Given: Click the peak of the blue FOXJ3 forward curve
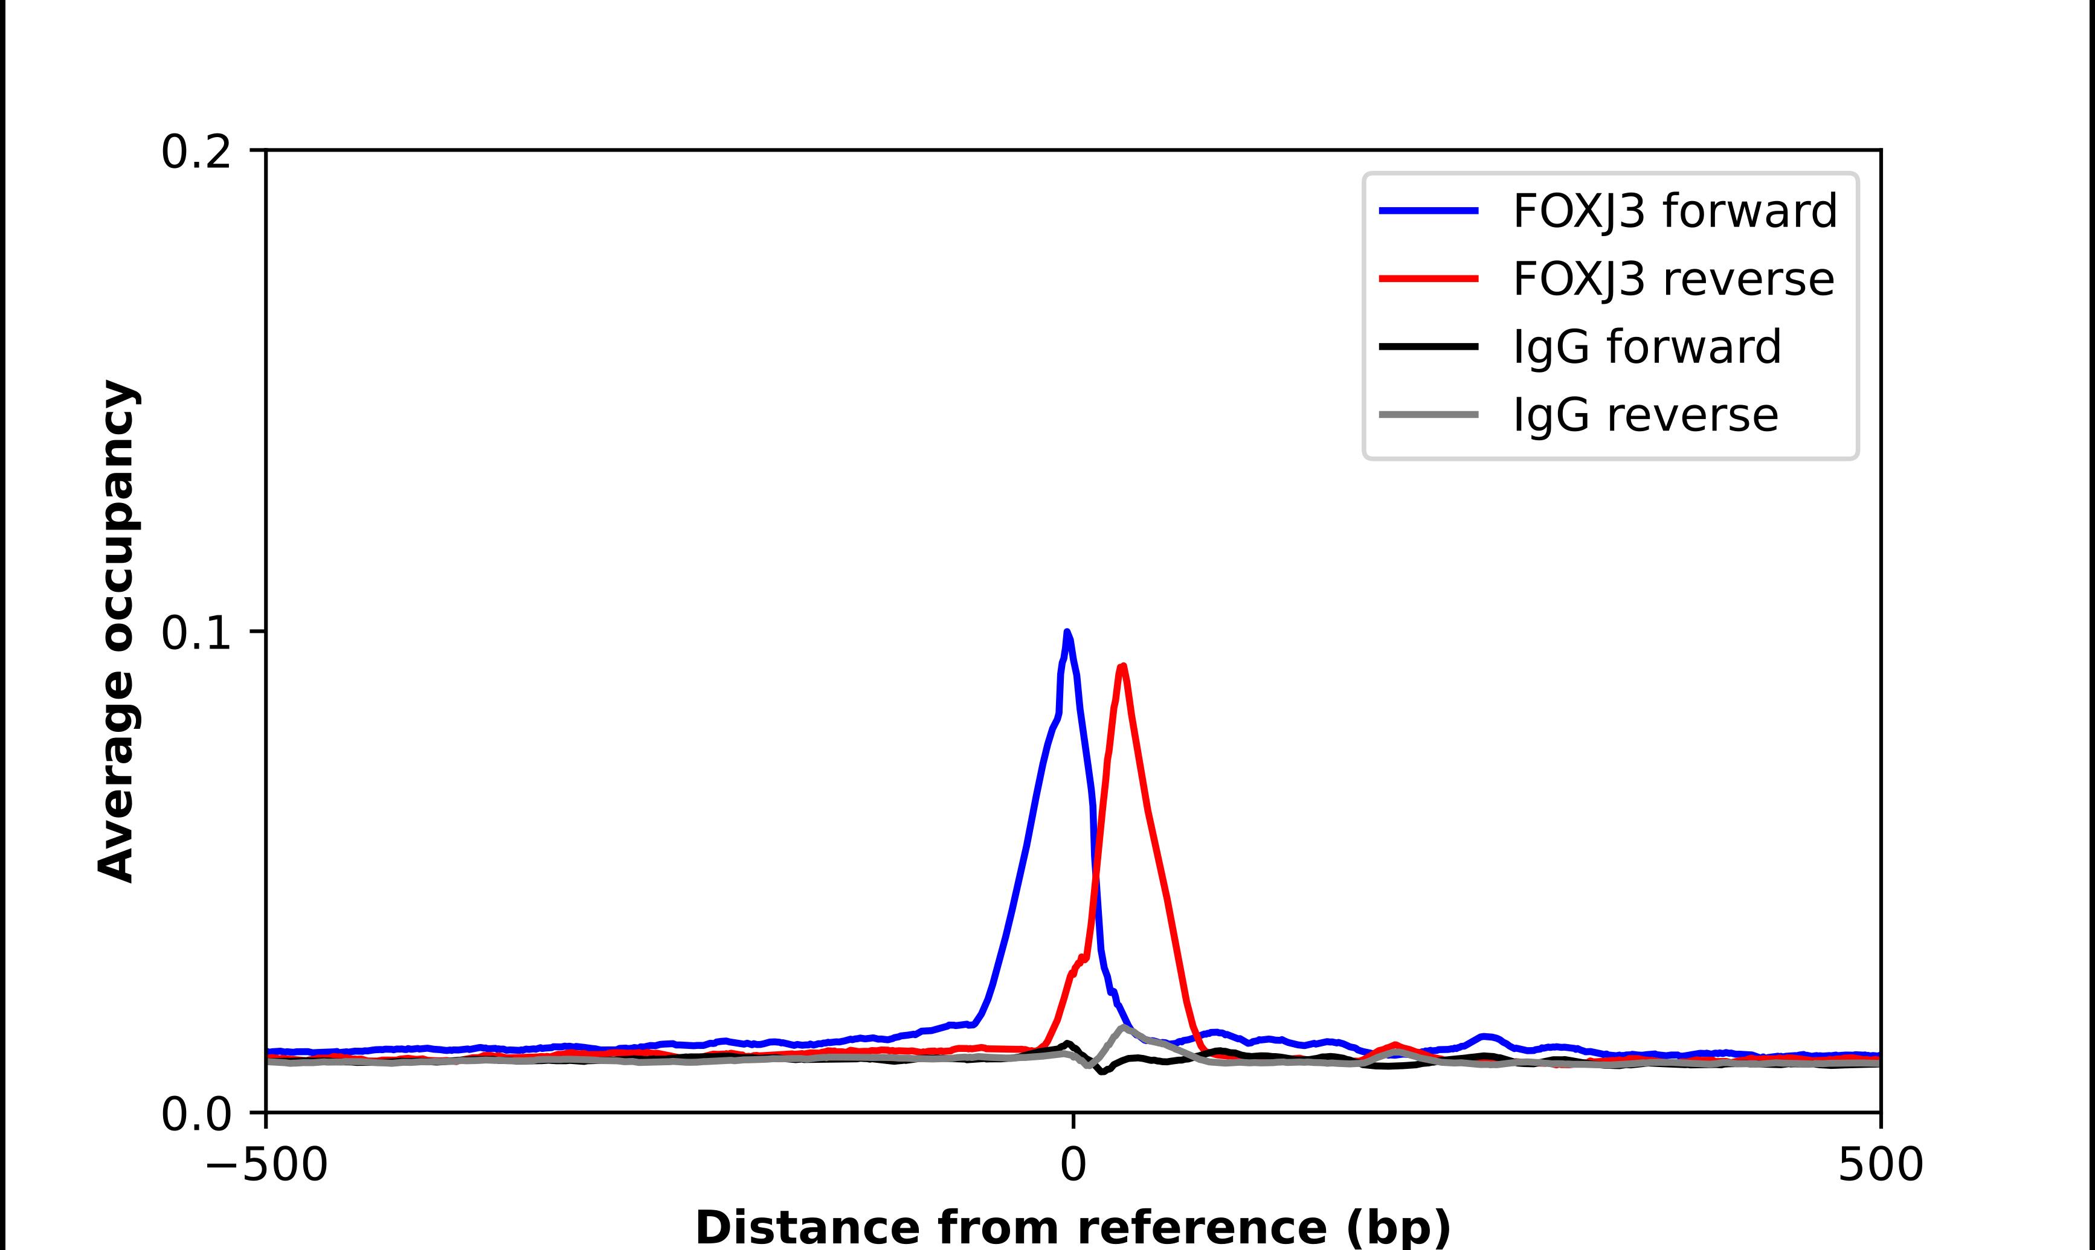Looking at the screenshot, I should coord(1067,632).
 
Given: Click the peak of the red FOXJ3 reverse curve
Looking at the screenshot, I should coord(1122,666).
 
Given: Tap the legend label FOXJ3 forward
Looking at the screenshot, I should coord(1675,211).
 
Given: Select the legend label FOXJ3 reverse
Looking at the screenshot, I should coord(1673,279).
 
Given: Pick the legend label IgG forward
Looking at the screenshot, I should coord(1647,347).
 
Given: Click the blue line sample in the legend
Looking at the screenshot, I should coord(1429,211).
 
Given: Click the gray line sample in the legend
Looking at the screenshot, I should coord(1429,414).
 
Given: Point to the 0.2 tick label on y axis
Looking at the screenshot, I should coord(196,152).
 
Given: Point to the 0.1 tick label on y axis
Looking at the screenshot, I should coord(196,633).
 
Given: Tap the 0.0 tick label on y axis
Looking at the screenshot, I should coord(196,1114).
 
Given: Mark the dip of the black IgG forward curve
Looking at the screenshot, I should coord(1102,1071).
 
